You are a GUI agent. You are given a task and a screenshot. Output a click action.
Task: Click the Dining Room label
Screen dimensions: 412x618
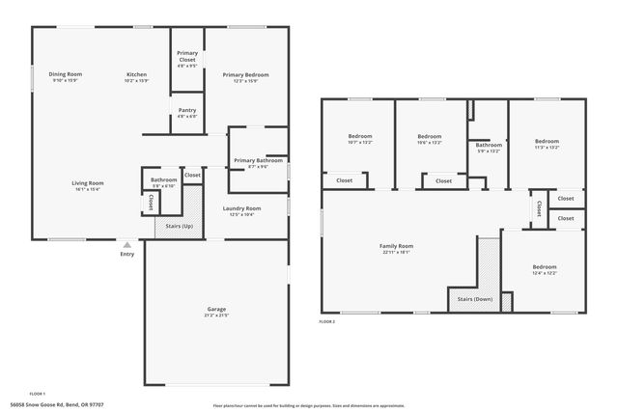tap(66, 74)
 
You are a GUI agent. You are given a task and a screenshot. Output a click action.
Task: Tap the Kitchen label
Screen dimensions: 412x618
tap(137, 74)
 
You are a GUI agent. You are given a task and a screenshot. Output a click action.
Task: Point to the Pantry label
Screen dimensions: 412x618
tap(187, 110)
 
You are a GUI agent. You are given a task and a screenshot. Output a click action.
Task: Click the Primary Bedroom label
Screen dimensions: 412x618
tap(245, 74)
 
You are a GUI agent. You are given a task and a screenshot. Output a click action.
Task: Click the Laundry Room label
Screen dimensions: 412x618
tap(241, 208)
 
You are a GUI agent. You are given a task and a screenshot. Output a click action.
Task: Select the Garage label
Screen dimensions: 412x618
tap(215, 309)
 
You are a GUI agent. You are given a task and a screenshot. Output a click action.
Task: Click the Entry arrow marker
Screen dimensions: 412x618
tap(126, 244)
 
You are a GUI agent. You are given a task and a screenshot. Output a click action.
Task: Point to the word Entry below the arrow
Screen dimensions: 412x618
tap(127, 254)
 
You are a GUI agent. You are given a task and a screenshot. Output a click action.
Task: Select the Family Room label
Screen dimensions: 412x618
tap(396, 246)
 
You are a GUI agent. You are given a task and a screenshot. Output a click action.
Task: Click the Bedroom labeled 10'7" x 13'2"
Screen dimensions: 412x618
tap(360, 136)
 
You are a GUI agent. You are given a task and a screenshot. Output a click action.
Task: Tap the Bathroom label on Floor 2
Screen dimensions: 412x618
tap(490, 145)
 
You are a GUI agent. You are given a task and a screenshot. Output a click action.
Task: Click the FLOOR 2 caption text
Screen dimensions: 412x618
tap(328, 320)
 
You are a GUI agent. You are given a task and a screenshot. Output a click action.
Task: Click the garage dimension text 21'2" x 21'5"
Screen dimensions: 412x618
tap(215, 316)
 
